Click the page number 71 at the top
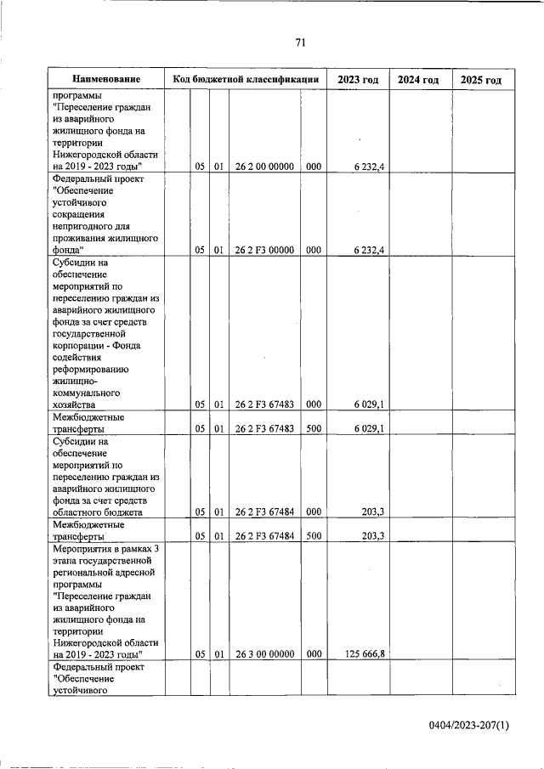click(300, 43)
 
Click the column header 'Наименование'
click(106, 79)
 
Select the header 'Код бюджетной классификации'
click(246, 79)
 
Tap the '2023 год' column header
click(358, 79)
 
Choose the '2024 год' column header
click(419, 79)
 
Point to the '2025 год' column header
click(481, 79)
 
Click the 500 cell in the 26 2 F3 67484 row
click(313, 536)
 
